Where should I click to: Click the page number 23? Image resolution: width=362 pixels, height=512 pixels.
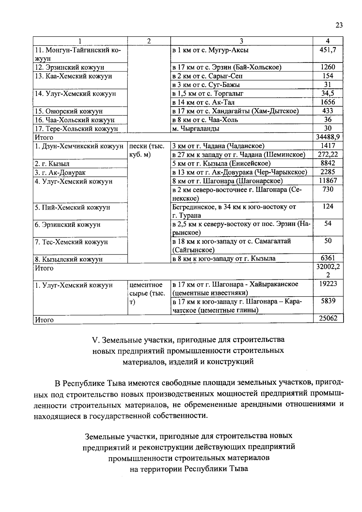tap(339, 25)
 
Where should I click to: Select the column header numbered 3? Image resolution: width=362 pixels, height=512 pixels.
tap(241, 41)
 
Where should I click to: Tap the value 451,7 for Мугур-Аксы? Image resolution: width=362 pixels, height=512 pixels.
tap(328, 50)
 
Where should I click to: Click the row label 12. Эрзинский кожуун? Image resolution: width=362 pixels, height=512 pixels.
tap(70, 67)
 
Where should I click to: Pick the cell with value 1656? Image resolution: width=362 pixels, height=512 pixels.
tap(328, 102)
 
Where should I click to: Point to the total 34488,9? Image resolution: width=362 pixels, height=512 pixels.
tap(328, 137)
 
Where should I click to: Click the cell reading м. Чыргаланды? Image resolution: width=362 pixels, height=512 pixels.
tap(196, 129)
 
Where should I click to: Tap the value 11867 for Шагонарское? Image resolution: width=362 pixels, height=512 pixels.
tap(328, 181)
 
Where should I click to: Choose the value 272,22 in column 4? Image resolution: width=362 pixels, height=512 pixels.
tap(328, 155)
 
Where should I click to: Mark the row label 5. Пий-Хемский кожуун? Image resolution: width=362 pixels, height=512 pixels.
tap(72, 208)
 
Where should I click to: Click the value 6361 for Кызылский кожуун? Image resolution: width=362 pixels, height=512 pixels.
tap(328, 258)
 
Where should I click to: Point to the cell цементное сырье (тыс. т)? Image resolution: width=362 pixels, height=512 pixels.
tap(147, 293)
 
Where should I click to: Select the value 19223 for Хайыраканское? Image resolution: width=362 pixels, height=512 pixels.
tap(328, 284)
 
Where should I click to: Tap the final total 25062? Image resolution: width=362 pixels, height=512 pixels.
tap(328, 318)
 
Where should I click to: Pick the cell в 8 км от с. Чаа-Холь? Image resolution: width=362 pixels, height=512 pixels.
tap(205, 120)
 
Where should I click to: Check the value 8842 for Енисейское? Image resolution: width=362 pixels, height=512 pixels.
tap(328, 164)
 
